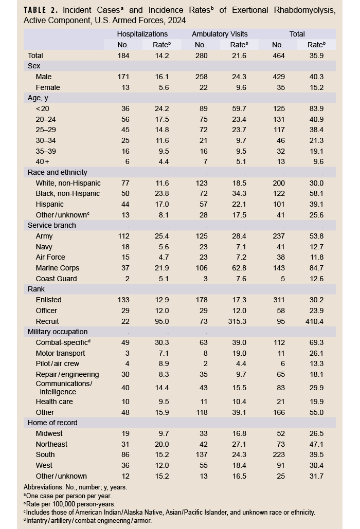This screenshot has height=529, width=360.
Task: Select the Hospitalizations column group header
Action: pyautogui.click(x=142, y=34)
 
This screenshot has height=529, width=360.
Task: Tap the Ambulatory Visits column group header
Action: pyautogui.click(x=220, y=34)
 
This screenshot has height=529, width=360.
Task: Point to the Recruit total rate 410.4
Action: pyautogui.click(x=315, y=321)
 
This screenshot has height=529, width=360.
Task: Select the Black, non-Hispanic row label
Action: pyautogui.click(x=68, y=194)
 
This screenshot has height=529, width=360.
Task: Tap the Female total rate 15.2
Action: pyautogui.click(x=315, y=87)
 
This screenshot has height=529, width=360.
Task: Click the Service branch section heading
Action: pyautogui.click(x=51, y=226)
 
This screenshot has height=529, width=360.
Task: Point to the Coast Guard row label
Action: pyautogui.click(x=57, y=279)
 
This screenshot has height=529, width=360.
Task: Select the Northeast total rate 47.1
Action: pyautogui.click(x=315, y=444)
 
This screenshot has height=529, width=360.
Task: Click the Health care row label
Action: pyautogui.click(x=55, y=402)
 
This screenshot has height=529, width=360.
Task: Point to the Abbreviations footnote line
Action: pyautogui.click(x=76, y=487)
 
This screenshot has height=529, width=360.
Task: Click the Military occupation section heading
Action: pyautogui.click(x=58, y=332)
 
